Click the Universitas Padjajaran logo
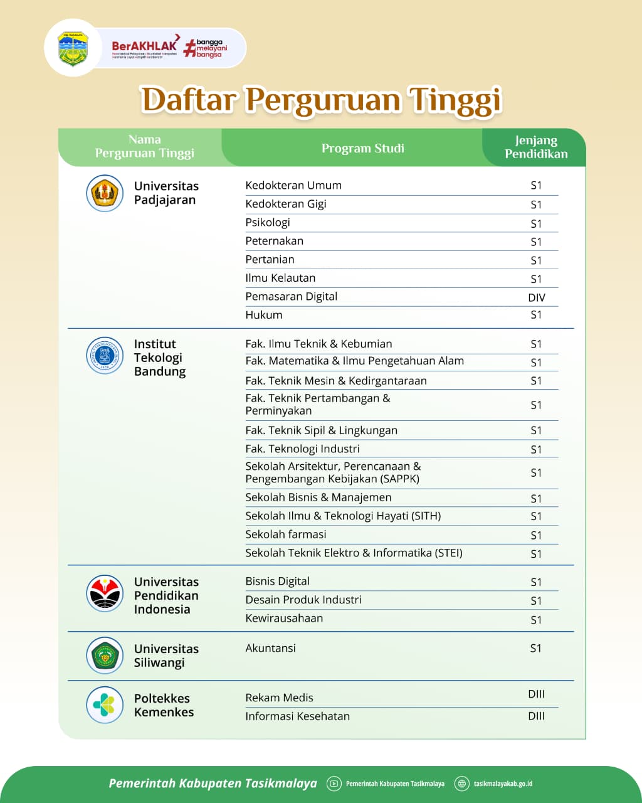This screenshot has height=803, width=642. point(104,193)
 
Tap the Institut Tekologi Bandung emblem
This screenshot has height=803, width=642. point(104,356)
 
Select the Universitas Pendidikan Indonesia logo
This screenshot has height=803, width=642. point(104,593)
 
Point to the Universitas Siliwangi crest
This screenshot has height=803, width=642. point(104,656)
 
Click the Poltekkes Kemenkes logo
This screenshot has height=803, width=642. point(104,705)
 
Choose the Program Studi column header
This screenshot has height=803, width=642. point(362,149)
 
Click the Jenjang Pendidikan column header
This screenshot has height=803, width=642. point(536,147)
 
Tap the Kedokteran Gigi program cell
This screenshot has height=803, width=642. point(286,204)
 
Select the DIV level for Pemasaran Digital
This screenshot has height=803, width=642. point(536,297)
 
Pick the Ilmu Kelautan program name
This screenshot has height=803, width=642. point(280,278)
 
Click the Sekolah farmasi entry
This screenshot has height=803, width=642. point(286,534)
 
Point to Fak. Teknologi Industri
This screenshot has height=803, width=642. point(302,449)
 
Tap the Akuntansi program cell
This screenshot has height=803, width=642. point(270,648)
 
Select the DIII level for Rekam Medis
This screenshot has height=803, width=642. point(536,694)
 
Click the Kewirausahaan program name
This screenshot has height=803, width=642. point(284,618)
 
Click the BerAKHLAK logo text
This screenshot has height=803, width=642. point(144,46)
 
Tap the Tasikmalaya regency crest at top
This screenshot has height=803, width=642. point(73,48)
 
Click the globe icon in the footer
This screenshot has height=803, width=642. point(462,784)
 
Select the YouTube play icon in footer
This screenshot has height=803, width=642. point(334,784)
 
